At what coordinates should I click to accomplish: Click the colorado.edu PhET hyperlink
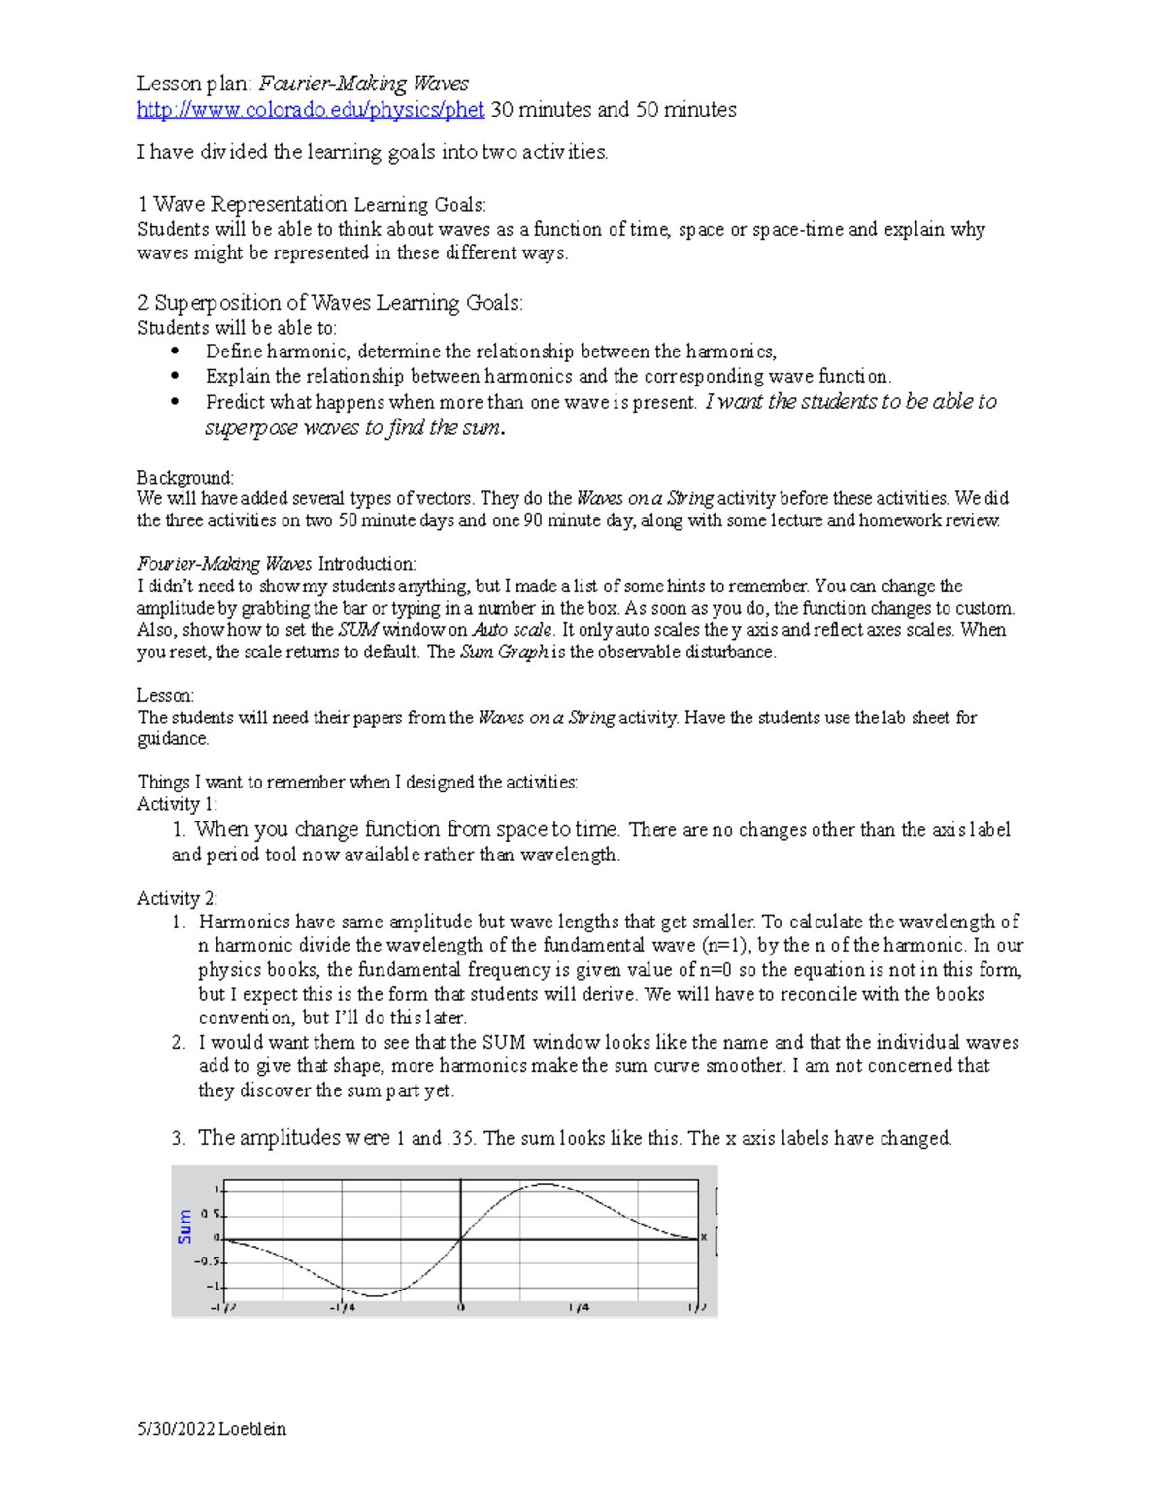coord(310,110)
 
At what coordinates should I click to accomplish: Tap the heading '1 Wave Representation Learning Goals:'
coord(311,204)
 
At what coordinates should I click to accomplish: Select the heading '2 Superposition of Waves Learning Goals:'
coord(329,303)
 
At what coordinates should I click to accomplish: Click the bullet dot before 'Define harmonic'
coord(175,352)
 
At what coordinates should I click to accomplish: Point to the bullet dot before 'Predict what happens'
coord(175,402)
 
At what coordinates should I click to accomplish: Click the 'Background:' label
coord(184,478)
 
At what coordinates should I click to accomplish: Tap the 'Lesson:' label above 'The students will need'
coord(165,695)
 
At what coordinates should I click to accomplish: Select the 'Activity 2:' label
coord(178,898)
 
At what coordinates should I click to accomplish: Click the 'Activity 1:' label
coord(178,804)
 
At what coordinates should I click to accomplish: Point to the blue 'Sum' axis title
coord(184,1226)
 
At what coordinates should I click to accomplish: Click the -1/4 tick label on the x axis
coord(342,1307)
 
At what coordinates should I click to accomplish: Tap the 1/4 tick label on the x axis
coord(579,1307)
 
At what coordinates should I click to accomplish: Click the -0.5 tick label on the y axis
coord(207,1262)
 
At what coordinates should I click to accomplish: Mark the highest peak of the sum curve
coord(544,1184)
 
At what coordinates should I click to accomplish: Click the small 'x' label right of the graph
coord(704,1237)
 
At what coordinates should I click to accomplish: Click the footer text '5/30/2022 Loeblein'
coord(212,1429)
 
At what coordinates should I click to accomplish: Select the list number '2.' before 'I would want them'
coord(179,1043)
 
